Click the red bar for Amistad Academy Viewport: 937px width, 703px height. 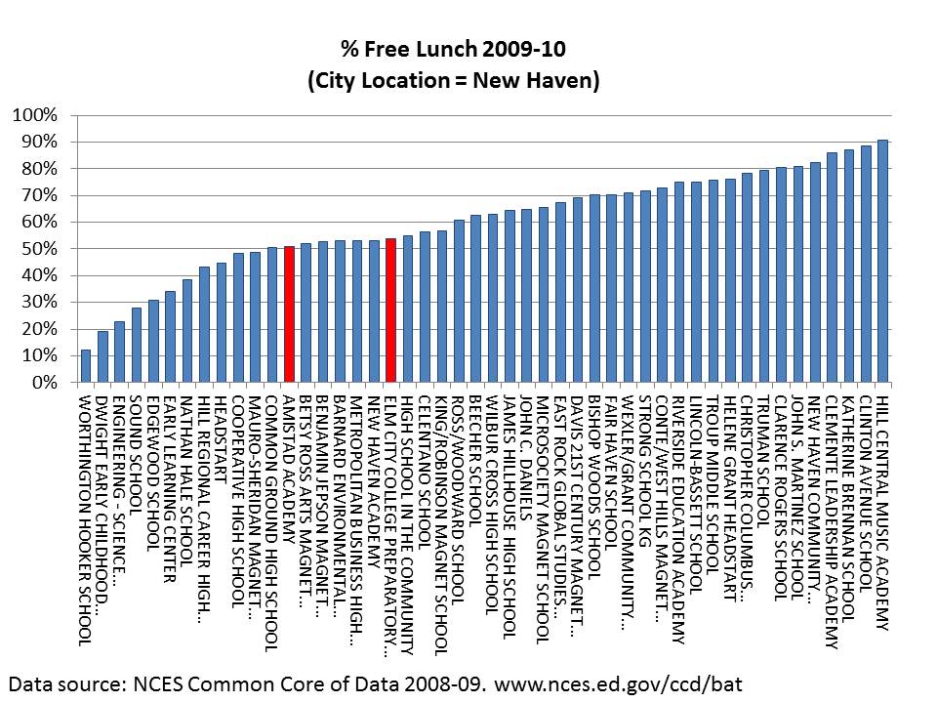289,314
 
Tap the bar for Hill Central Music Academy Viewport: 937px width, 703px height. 882,261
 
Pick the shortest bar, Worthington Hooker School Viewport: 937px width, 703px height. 85,366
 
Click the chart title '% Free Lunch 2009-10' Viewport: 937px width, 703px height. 452,48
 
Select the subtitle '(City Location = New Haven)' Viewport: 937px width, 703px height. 452,81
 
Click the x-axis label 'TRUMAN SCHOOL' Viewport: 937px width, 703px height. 764,443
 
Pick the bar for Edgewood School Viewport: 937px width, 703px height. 153,342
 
